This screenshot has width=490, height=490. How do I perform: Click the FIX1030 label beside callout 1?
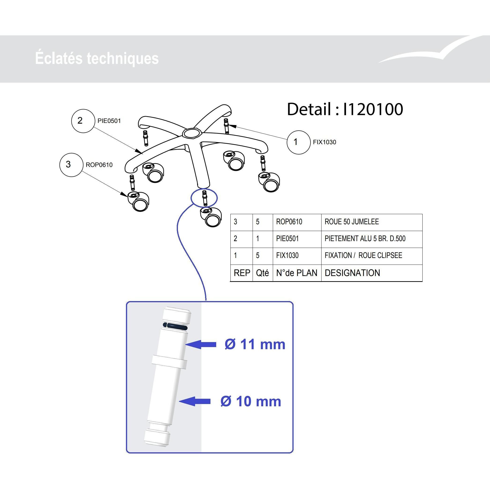pyautogui.click(x=324, y=142)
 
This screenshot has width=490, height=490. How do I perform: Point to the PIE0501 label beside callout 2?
pyautogui.click(x=109, y=121)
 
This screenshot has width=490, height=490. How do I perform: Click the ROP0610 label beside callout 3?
pyautogui.click(x=99, y=165)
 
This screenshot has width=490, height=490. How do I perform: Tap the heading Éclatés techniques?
pyautogui.click(x=97, y=58)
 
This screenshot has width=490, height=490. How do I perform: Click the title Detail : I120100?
pyautogui.click(x=345, y=109)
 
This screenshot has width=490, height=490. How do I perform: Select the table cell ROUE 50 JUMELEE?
pyautogui.click(x=352, y=222)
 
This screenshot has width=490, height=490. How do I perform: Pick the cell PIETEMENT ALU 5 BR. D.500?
pyautogui.click(x=365, y=239)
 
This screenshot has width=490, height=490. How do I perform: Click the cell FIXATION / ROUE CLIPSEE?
pyautogui.click(x=363, y=255)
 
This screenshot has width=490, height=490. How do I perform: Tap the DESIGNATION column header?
pyautogui.click(x=352, y=273)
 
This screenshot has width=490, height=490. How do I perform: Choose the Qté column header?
pyautogui.click(x=262, y=273)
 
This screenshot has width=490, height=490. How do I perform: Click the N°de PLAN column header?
pyautogui.click(x=296, y=273)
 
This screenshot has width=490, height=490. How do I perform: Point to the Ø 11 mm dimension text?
pyautogui.click(x=255, y=344)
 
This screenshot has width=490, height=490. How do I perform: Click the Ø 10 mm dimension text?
pyautogui.click(x=251, y=402)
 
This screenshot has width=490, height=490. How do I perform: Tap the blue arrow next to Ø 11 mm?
pyautogui.click(x=201, y=344)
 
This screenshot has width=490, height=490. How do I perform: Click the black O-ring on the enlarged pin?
pyautogui.click(x=175, y=326)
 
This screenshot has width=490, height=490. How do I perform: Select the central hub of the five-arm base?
pyautogui.click(x=192, y=133)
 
